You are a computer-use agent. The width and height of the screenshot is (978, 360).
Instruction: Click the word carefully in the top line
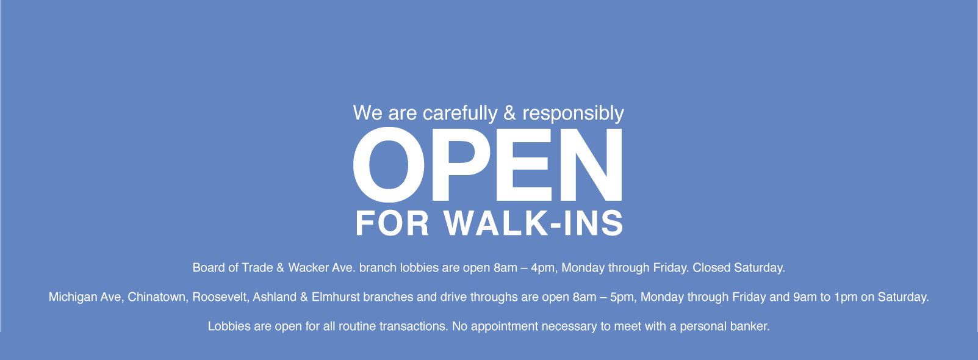pos(460,113)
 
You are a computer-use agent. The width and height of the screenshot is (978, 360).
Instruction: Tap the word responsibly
pos(573,113)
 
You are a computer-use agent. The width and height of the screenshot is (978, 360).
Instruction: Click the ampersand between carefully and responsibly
pos(510,113)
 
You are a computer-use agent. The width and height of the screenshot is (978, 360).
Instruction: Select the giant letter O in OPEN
pos(389,165)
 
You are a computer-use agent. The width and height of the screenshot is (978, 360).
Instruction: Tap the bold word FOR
pos(392,223)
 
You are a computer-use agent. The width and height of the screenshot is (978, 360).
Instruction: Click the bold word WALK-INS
pos(533,223)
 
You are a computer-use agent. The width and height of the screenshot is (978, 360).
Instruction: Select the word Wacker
pos(308,267)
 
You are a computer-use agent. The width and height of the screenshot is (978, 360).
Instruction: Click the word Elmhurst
pos(336,297)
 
